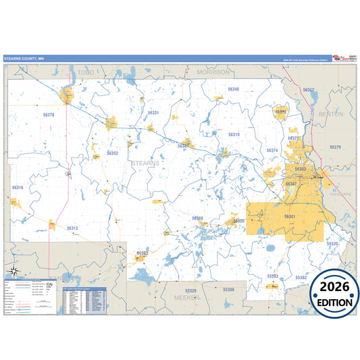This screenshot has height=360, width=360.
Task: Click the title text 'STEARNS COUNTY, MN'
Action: click(x=24, y=59)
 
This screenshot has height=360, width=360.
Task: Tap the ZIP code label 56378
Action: click(x=48, y=115)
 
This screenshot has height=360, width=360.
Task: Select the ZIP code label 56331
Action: click(x=153, y=113)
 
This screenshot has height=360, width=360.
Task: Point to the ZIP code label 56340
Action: click(x=233, y=89)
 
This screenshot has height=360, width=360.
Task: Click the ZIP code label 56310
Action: click(x=234, y=134)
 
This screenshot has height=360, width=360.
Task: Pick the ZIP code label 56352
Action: click(x=113, y=153)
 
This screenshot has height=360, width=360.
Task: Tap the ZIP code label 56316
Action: click(x=18, y=188)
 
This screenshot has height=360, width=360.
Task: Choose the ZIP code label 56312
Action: click(x=72, y=228)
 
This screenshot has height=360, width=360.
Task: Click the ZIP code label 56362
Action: click(x=143, y=253)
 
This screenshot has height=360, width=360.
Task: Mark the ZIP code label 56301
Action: click(x=290, y=216)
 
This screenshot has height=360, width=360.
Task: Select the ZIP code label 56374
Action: click(x=272, y=151)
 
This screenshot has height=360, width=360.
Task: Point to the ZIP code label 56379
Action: click(x=335, y=147)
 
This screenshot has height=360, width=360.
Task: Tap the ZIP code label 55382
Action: click(x=301, y=278)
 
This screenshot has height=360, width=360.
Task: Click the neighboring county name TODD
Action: click(x=86, y=72)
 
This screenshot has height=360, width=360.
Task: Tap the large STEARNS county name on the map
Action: click(x=145, y=163)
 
